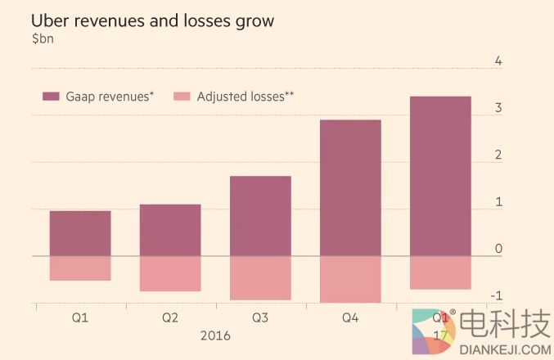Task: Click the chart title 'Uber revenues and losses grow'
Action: (152, 21)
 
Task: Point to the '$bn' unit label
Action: (43, 39)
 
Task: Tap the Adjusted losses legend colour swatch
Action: (182, 97)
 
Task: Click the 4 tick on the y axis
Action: (498, 61)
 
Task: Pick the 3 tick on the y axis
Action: (498, 108)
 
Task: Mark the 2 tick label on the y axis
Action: (498, 155)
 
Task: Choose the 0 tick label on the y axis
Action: (498, 248)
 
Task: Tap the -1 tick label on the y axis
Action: (496, 295)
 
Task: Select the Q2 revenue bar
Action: (170, 230)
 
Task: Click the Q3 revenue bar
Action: (260, 216)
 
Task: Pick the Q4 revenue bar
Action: (350, 188)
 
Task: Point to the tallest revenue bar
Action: (440, 176)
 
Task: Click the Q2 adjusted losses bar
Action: (170, 273)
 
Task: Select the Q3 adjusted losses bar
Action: (260, 278)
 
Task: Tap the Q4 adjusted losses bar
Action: (350, 279)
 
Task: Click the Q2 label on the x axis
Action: (170, 317)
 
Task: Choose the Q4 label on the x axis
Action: (350, 317)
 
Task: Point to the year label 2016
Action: (214, 336)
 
